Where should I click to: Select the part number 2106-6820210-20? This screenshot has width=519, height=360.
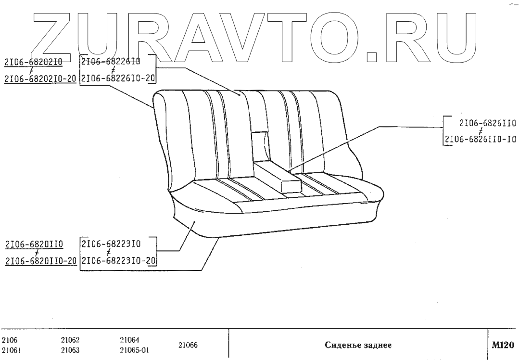point(40,79)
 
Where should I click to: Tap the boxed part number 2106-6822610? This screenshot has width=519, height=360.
point(110,61)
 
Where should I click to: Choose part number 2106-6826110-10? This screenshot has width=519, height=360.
point(480,140)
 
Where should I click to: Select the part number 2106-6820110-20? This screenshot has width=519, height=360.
point(40,261)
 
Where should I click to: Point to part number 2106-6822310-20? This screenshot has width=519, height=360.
point(118,261)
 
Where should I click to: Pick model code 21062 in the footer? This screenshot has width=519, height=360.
point(70,341)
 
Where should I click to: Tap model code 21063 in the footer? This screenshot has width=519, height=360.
point(70,350)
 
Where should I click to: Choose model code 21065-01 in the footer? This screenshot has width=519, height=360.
point(134,350)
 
